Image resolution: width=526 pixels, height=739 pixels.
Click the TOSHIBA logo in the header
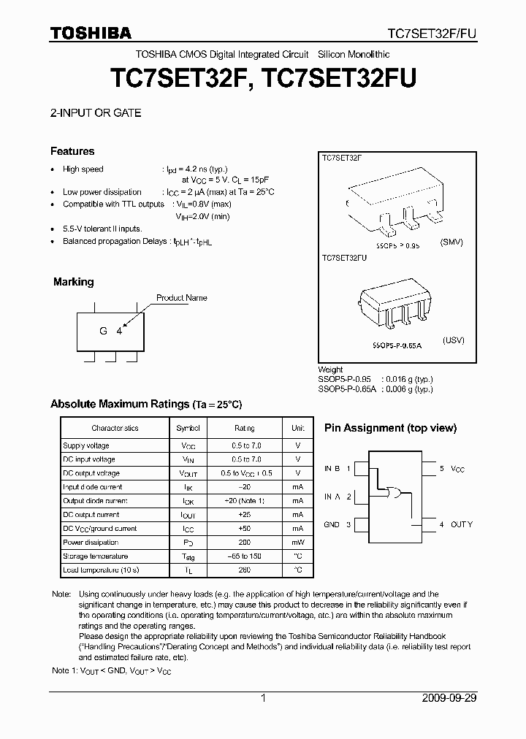pyautogui.click(x=91, y=33)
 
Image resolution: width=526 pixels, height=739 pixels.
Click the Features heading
pyautogui.click(x=72, y=151)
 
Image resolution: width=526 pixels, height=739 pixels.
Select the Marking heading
pyautogui.click(x=74, y=282)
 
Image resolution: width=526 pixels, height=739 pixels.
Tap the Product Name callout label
pyautogui.click(x=182, y=298)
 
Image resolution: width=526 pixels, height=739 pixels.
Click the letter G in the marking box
pyautogui.click(x=103, y=331)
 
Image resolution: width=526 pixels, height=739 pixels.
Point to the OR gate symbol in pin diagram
pyautogui.click(x=394, y=494)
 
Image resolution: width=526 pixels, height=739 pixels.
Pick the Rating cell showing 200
pyautogui.click(x=244, y=543)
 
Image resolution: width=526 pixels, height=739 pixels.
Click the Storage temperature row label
pyautogui.click(x=96, y=556)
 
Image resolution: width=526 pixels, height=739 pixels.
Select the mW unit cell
pyautogui.click(x=298, y=543)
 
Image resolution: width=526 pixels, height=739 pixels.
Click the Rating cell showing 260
pyautogui.click(x=244, y=570)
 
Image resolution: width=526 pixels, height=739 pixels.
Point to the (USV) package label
pyautogui.click(x=453, y=341)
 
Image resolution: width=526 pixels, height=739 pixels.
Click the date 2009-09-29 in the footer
pyautogui.click(x=449, y=698)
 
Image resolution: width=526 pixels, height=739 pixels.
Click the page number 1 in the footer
pyautogui.click(x=263, y=698)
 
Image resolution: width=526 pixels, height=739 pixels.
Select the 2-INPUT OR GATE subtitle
pyautogui.click(x=95, y=113)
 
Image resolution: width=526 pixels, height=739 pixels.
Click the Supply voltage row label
pyautogui.click(x=86, y=445)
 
